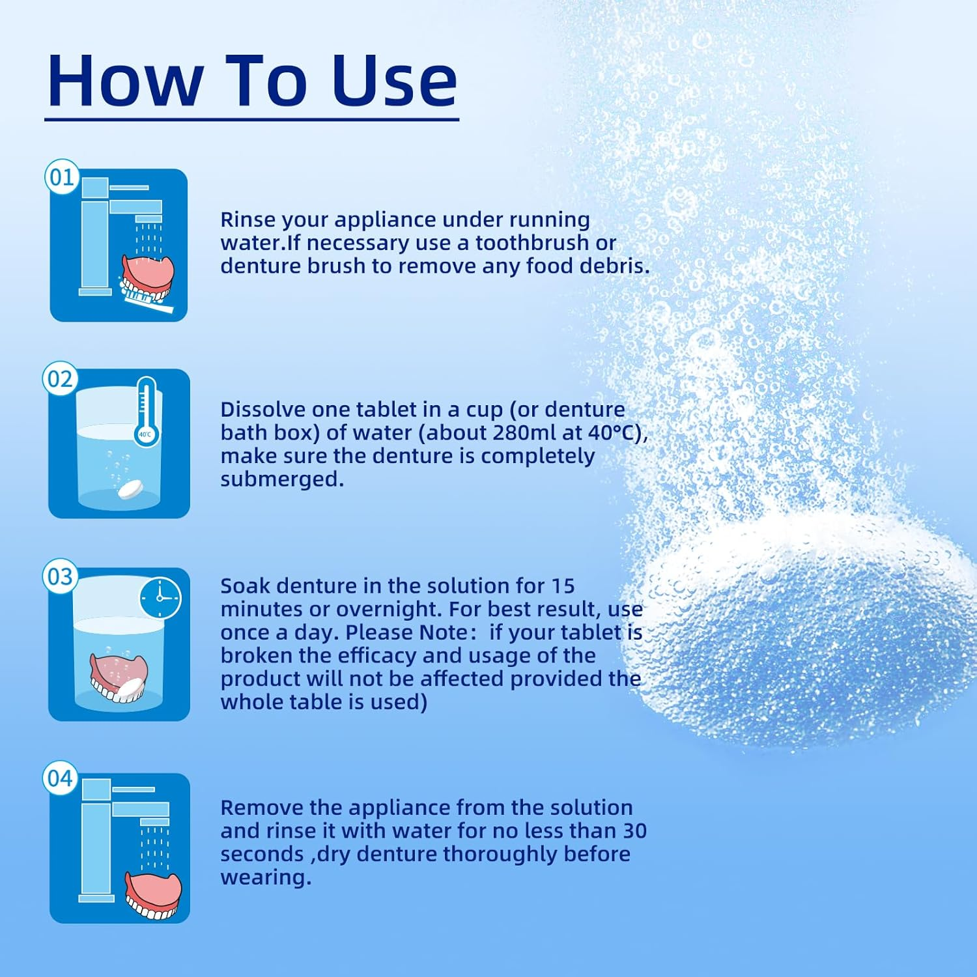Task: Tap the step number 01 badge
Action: pos(62,177)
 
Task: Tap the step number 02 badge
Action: pos(61,378)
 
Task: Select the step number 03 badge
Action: pos(61,576)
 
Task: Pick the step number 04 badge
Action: pos(61,778)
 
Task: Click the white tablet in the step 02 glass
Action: pos(130,489)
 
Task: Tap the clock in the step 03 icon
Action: pos(160,598)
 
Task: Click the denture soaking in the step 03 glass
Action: pos(119,678)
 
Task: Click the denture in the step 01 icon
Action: pos(148,276)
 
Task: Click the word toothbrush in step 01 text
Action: pos(532,242)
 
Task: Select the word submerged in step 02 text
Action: pos(282,479)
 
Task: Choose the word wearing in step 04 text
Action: pos(266,878)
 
